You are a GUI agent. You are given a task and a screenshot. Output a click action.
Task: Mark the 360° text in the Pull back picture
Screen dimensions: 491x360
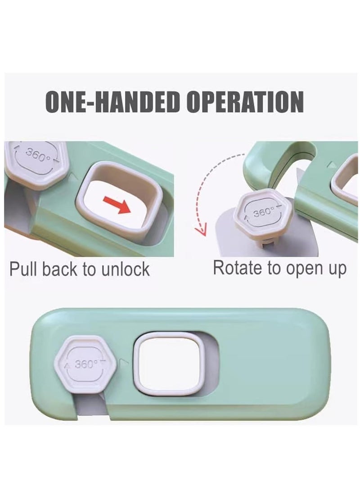37,155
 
